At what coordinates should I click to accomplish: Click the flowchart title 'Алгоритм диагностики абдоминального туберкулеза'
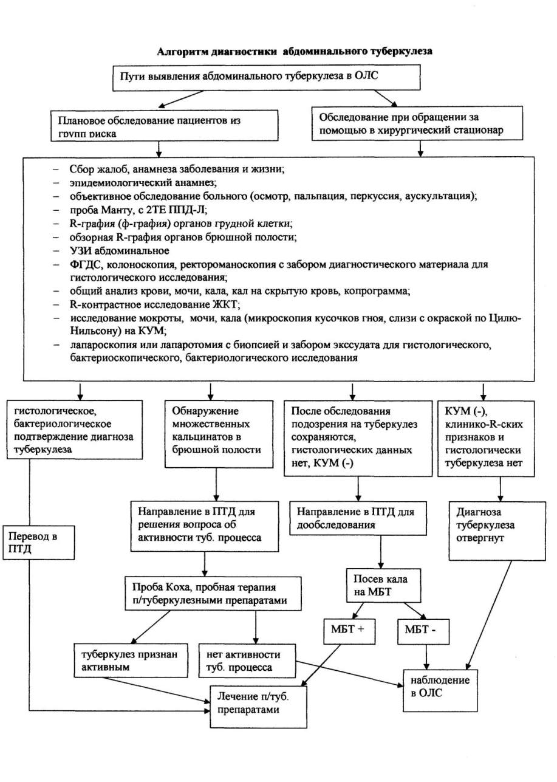[x=295, y=51]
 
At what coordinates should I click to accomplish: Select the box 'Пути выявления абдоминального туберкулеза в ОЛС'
[x=266, y=78]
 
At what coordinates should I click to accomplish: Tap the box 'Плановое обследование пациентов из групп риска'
[x=165, y=126]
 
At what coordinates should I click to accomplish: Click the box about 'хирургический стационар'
[x=417, y=123]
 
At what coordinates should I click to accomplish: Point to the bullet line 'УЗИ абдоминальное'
[x=119, y=251]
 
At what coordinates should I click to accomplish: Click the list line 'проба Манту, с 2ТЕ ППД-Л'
[x=138, y=210]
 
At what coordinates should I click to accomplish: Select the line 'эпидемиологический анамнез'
[x=143, y=182]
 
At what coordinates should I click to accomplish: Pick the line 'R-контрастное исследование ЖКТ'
[x=155, y=304]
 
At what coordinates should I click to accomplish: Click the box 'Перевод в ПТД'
[x=39, y=543]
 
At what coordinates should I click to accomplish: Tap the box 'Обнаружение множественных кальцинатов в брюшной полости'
[x=219, y=434]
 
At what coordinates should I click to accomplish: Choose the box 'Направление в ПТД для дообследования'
[x=358, y=518]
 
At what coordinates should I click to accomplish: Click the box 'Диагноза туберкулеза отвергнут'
[x=497, y=531]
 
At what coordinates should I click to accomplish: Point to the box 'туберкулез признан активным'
[x=131, y=661]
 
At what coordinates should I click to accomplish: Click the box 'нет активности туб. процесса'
[x=247, y=661]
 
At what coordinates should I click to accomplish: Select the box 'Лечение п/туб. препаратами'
[x=258, y=707]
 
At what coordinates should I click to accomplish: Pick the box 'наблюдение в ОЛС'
[x=440, y=690]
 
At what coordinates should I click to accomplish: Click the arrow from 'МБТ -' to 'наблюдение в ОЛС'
[x=426, y=657]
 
